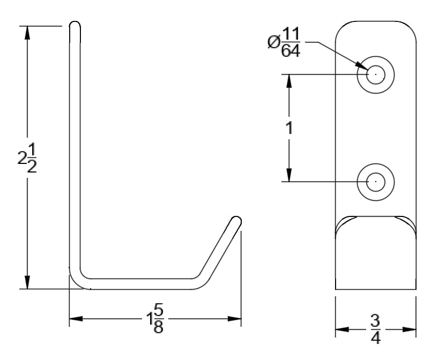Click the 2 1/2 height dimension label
[x=27, y=158]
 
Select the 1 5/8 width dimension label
[x=155, y=319]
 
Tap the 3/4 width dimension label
[x=375, y=329]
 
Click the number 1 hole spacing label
[x=289, y=127]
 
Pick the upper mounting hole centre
[x=376, y=74]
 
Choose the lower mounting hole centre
[x=376, y=182]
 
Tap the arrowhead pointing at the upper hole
[x=362, y=66]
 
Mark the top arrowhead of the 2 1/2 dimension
[x=27, y=33]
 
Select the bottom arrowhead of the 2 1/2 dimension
[x=27, y=282]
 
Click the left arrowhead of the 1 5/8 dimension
[x=76, y=319]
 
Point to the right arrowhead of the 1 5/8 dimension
[x=235, y=319]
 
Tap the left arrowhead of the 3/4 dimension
[x=342, y=329]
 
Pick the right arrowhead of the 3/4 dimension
[x=410, y=329]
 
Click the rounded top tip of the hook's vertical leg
[x=75, y=22]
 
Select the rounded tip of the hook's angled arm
[x=236, y=219]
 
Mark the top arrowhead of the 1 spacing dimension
[x=289, y=81]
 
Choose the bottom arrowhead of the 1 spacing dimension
[x=289, y=175]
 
